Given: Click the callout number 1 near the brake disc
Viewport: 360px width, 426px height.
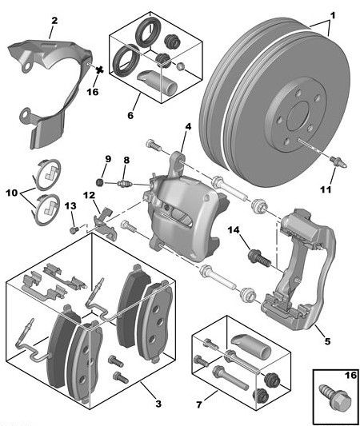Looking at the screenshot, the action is [333, 15].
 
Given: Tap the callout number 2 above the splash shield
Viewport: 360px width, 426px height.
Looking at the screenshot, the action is [54, 21].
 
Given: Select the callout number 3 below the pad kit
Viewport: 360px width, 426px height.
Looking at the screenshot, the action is [158, 404].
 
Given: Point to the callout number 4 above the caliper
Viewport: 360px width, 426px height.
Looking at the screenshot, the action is [188, 126].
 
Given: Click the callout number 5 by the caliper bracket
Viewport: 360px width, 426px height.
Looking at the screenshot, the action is [327, 341].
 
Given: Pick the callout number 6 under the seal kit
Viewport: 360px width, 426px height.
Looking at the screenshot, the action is [130, 115].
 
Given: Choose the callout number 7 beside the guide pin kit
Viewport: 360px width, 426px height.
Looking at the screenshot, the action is [199, 404].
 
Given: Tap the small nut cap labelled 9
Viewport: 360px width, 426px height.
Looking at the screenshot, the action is [101, 181].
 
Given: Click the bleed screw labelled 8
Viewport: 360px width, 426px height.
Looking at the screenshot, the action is [125, 184].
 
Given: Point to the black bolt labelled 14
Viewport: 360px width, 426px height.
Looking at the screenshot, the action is [260, 257].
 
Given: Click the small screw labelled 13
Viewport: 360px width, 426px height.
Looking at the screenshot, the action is [74, 230].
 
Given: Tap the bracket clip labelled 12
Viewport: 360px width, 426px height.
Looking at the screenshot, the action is [105, 224].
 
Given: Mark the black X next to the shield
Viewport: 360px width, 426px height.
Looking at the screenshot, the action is [100, 70].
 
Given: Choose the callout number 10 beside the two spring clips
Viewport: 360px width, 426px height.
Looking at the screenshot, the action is [12, 193].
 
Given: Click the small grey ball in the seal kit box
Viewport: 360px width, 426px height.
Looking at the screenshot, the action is [180, 66].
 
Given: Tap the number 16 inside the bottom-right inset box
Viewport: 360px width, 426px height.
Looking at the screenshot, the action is [350, 376].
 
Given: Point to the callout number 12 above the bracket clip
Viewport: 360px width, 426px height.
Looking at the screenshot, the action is [89, 195].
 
